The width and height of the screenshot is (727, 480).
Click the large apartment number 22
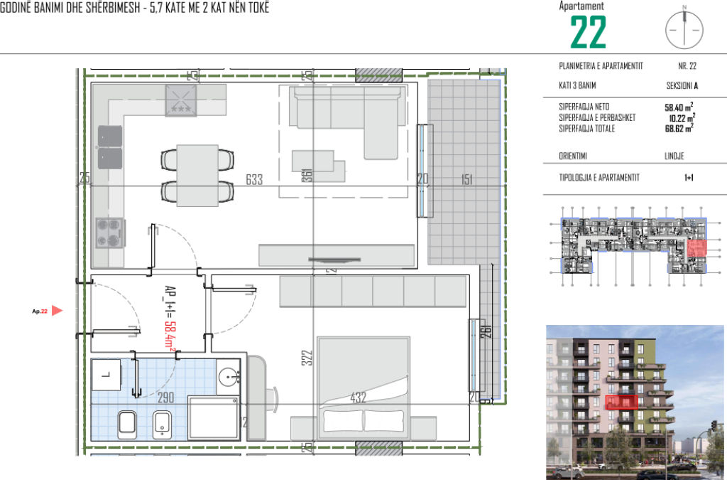pos(589,32)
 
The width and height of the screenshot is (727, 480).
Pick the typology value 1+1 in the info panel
pos(688,178)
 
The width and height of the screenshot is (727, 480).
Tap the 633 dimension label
pos(254,180)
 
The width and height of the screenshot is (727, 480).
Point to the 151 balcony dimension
pos(466,180)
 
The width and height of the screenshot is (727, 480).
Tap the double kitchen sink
pos(109,146)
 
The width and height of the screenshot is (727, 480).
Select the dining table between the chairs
pos(197,174)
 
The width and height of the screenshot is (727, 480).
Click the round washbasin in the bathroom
pos(229,376)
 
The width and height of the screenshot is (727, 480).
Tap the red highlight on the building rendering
pos(621,402)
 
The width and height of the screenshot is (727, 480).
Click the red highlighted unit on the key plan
pos(697,249)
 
